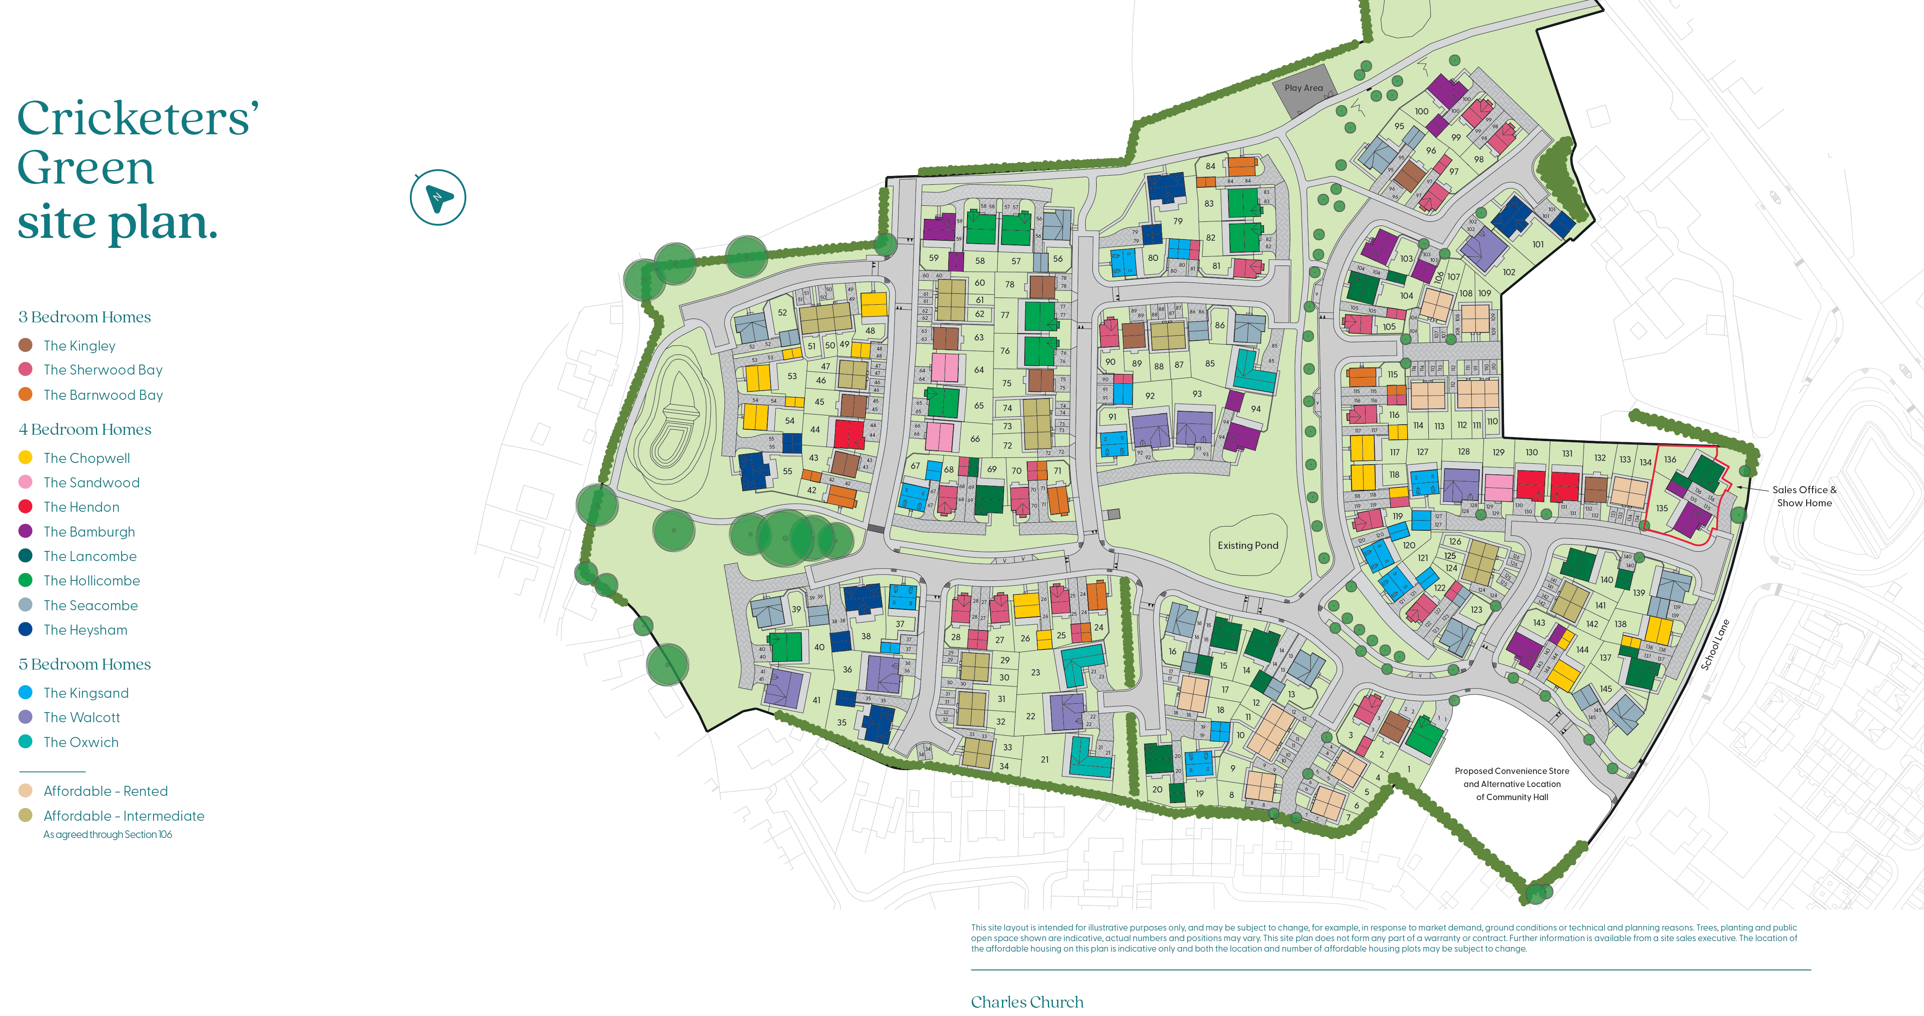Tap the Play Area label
pyautogui.click(x=1303, y=88)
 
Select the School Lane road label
pyautogui.click(x=1715, y=644)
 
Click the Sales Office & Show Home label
pyautogui.click(x=1804, y=496)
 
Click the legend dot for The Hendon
pyautogui.click(x=25, y=506)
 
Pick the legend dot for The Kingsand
pyautogui.click(x=25, y=692)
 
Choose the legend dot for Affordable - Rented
pyautogui.click(x=25, y=790)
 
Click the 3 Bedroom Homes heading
pyautogui.click(x=85, y=317)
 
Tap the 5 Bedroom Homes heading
pyautogui.click(x=85, y=664)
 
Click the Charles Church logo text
pyautogui.click(x=1027, y=1002)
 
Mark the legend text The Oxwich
pyautogui.click(x=81, y=742)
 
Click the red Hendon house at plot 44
pyautogui.click(x=848, y=434)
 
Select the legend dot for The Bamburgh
pyautogui.click(x=25, y=531)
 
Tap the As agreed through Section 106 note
pyautogui.click(x=108, y=835)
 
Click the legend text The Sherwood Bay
pyautogui.click(x=102, y=370)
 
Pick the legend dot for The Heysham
pyautogui.click(x=25, y=629)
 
